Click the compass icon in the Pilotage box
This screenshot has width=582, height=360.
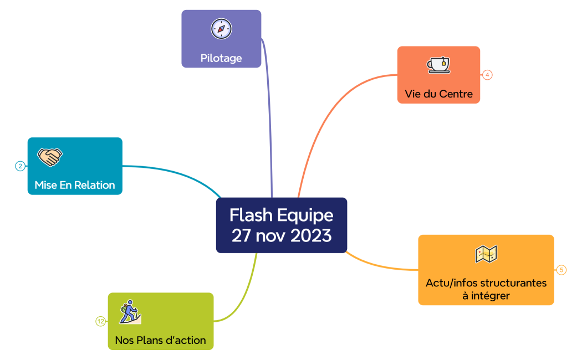[x=221, y=29]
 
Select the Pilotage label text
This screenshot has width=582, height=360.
[x=221, y=58]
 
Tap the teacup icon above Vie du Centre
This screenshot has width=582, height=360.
[x=438, y=65]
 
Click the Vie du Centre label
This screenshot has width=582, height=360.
[x=438, y=94]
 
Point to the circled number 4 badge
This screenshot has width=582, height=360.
[x=487, y=75]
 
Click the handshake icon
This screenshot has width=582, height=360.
[x=50, y=157]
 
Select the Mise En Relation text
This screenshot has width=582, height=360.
[x=75, y=185]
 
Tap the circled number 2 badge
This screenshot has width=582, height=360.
[x=20, y=166]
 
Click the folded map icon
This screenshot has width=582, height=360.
[x=486, y=254]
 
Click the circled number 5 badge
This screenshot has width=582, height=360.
[x=561, y=270]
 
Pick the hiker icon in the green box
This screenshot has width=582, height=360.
[x=130, y=312]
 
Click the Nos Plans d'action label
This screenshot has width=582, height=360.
[x=160, y=340]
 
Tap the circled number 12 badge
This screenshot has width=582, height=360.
[x=100, y=321]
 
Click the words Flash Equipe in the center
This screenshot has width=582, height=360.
[x=282, y=215]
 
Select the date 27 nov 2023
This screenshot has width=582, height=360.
[x=282, y=235]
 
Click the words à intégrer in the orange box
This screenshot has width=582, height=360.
[x=486, y=296]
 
